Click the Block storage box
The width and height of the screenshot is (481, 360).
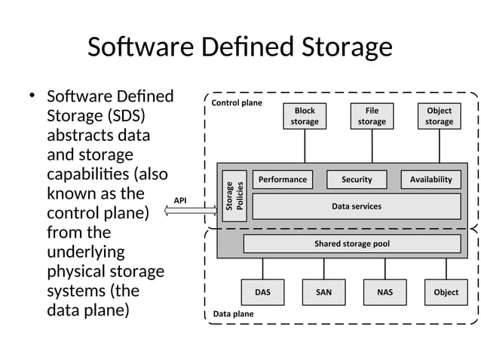(305, 116)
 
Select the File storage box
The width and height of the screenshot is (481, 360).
(372, 116)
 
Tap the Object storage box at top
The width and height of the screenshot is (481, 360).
(439, 116)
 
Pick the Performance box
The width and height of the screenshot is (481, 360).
(283, 179)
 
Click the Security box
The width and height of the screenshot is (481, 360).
(357, 179)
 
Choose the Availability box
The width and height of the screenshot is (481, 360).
(430, 179)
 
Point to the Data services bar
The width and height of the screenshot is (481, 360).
(357, 206)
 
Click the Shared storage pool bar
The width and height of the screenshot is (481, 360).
(352, 244)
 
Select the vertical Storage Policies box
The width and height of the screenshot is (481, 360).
(234, 194)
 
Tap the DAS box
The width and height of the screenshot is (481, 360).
(262, 292)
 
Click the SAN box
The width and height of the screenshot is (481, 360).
(323, 292)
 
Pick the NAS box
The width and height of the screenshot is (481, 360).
(384, 292)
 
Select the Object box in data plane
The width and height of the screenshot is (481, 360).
(446, 292)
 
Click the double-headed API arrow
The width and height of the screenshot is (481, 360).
(190, 212)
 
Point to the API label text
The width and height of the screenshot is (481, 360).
(180, 200)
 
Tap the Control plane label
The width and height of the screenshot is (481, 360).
(237, 102)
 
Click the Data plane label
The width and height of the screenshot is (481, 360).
(233, 313)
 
